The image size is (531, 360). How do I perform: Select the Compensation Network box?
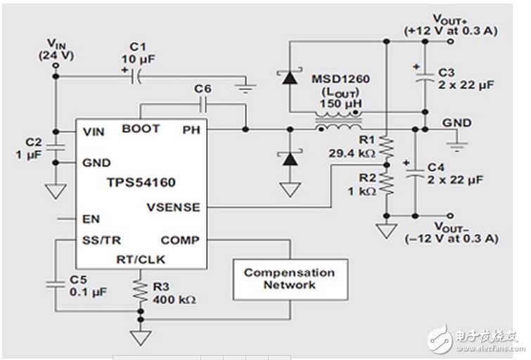pyautogui.click(x=289, y=278)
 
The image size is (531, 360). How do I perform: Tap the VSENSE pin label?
pyautogui.click(x=173, y=207)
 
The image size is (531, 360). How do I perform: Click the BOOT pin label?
pyautogui.click(x=141, y=129)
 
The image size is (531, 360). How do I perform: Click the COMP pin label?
pyautogui.click(x=180, y=240)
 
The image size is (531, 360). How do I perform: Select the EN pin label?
pyautogui.click(x=91, y=219)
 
